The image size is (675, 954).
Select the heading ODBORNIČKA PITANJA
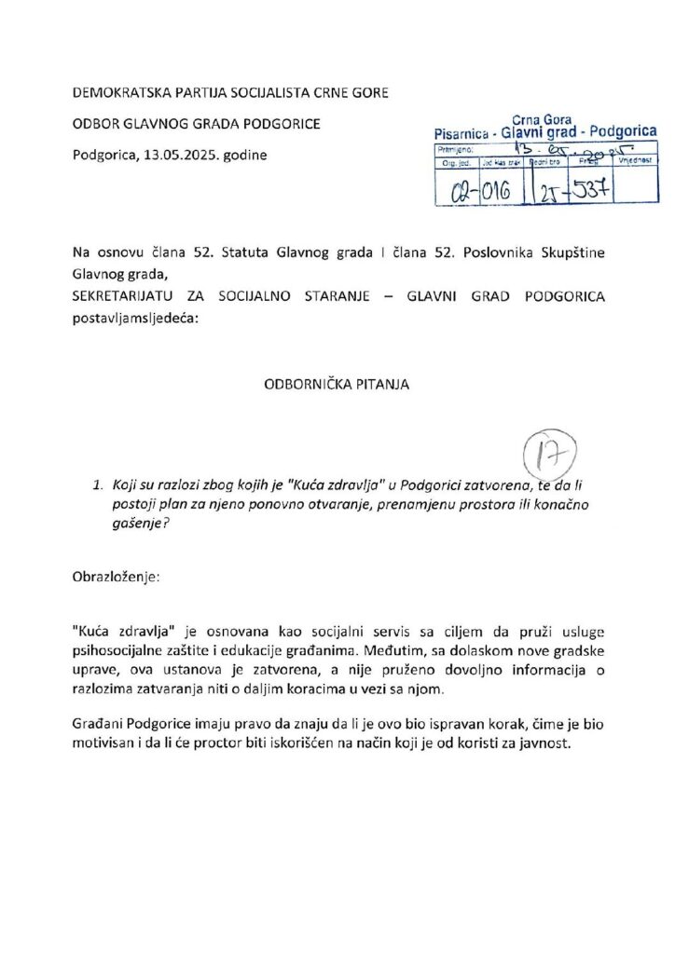[337, 383]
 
